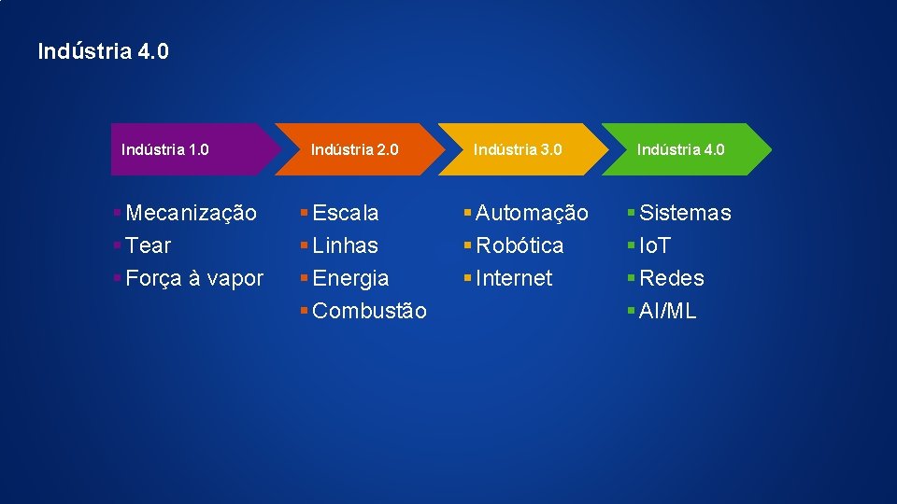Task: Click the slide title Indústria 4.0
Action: pos(104,50)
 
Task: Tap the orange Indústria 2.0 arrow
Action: pos(354,149)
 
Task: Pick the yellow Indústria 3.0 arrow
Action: pos(518,149)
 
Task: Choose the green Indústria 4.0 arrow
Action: pos(681,149)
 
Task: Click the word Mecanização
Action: pos(191,213)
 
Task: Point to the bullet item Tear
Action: pos(148,245)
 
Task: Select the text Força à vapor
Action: pos(194,278)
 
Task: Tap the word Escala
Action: pos(346,213)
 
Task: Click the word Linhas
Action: pos(346,245)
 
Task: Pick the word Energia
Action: pos(351,278)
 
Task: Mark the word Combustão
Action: pos(369,311)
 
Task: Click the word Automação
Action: pos(532,213)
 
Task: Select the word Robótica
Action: pos(520,245)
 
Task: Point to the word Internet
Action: pos(514,278)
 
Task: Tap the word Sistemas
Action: pos(685,213)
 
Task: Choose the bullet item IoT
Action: pos(655,245)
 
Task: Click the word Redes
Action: pos(672,278)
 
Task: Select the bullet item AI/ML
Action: pos(668,311)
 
